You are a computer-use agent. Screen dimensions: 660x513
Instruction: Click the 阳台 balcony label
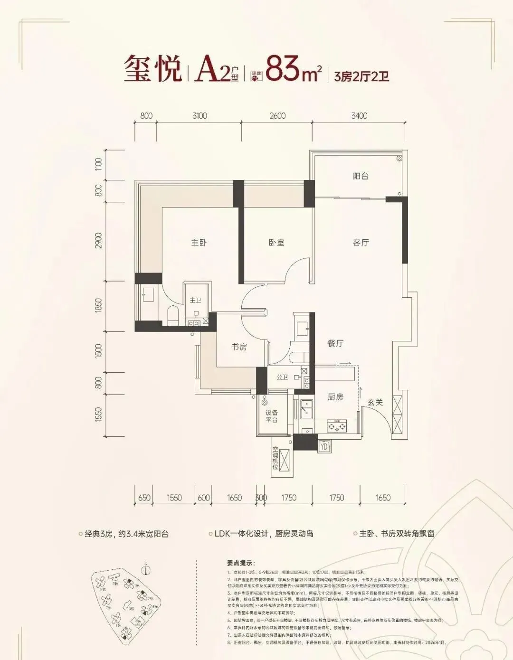click(361, 176)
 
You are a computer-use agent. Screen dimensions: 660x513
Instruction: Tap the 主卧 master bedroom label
click(199, 243)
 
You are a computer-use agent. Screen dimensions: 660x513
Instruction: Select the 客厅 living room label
click(361, 243)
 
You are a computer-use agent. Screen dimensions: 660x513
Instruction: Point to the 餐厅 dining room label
click(335, 343)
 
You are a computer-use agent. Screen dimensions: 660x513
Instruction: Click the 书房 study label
click(239, 347)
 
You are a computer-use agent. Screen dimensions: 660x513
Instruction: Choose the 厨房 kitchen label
click(335, 397)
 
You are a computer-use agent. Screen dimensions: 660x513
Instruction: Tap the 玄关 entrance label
click(375, 402)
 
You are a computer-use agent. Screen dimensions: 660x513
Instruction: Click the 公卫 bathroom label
click(282, 377)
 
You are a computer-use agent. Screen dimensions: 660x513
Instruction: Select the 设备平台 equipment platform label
click(272, 416)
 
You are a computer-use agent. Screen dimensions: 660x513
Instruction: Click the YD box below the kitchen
click(324, 446)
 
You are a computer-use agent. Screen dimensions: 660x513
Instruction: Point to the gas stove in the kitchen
click(336, 427)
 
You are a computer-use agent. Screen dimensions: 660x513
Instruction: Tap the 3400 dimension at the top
click(360, 116)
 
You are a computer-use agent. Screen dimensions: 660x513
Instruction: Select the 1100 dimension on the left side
click(98, 164)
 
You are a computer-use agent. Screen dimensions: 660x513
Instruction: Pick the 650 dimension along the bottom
click(143, 498)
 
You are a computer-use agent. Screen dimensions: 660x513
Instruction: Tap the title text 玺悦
click(152, 70)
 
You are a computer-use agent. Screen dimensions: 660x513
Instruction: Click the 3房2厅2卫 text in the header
click(361, 76)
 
